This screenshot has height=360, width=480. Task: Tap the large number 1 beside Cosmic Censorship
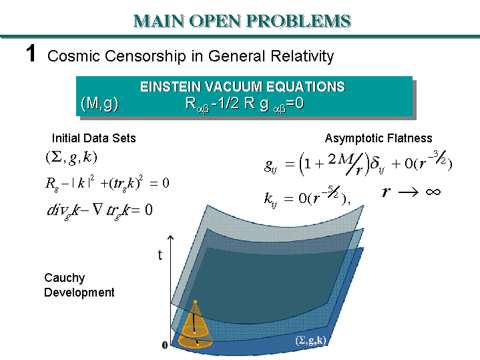click(x=31, y=54)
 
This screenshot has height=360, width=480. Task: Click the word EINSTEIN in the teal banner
click(x=170, y=87)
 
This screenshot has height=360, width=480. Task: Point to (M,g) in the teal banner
click(x=99, y=104)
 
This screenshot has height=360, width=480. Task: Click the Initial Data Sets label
click(x=93, y=138)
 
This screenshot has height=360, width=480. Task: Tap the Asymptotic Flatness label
click(x=379, y=138)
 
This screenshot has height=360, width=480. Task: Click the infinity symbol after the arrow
click(x=432, y=192)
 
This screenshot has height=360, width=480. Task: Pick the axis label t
click(x=160, y=255)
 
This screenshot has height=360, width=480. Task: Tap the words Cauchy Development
click(x=79, y=285)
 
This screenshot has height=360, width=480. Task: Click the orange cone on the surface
click(x=195, y=325)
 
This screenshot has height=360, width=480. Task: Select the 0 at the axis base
click(x=165, y=345)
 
